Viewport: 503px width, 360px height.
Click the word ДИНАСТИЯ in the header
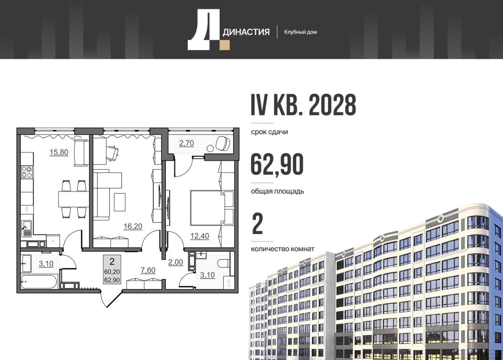246,32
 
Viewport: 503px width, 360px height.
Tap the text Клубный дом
301,32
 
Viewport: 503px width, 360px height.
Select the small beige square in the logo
225,45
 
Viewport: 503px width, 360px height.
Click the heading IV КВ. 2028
303,105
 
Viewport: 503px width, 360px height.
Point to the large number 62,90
277,164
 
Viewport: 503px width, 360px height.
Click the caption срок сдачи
270,132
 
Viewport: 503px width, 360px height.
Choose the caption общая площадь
277,191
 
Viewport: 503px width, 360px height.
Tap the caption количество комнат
283,249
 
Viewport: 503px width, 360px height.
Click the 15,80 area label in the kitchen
59,152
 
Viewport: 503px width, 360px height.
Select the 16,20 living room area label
133,227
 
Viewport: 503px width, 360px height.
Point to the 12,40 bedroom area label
200,236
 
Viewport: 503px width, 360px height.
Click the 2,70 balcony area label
186,143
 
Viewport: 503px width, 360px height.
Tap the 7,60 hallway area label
148,270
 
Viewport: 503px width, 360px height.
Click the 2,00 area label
176,262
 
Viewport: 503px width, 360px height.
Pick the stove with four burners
27,172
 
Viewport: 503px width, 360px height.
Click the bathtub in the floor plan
39,282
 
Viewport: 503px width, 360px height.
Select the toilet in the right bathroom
224,263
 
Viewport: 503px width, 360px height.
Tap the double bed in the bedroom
208,208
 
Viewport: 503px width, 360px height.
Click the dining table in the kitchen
73,199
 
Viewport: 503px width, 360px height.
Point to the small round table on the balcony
211,148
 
